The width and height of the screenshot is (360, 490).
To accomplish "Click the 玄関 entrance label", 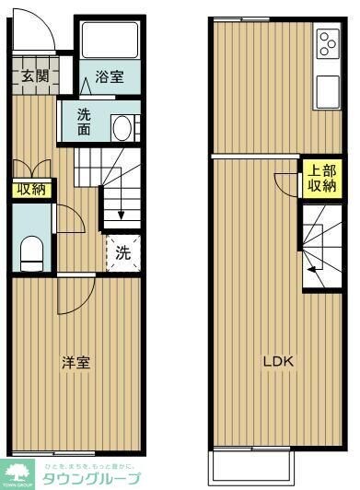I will tap(35, 77).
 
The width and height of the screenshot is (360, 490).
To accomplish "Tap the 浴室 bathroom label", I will tap(110, 79).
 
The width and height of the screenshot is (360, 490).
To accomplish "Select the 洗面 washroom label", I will tap(84, 122).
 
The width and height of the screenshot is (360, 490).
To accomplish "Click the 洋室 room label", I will tap(76, 363).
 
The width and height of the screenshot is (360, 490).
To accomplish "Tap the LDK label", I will tap(278, 362).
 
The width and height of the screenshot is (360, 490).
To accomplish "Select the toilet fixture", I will tap(31, 251).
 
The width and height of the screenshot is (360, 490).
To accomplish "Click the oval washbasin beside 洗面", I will tap(122, 127).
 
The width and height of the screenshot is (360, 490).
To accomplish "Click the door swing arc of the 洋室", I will tap(75, 296).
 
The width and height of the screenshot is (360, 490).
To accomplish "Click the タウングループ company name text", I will tap(91, 479).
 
